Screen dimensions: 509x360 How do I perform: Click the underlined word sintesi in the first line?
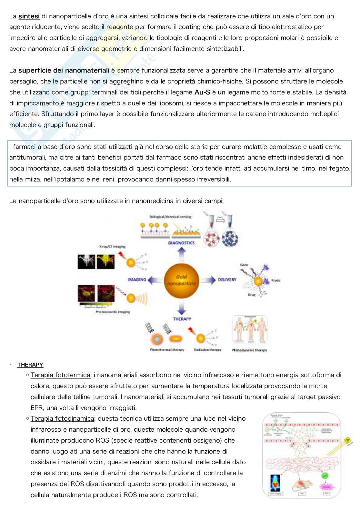(x=29, y=16)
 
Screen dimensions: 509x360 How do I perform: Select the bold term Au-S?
(x=202, y=92)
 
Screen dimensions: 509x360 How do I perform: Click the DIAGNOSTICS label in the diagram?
(x=181, y=243)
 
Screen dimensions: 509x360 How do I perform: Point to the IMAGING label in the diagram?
(x=137, y=279)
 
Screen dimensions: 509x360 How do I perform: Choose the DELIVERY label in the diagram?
(x=227, y=279)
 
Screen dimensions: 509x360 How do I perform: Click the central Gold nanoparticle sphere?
(x=181, y=279)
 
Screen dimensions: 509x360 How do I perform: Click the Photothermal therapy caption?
(x=167, y=350)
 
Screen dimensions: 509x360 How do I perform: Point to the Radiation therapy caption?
(x=207, y=350)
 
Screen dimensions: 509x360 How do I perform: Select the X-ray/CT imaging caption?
(x=112, y=247)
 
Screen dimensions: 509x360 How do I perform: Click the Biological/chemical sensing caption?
(x=170, y=217)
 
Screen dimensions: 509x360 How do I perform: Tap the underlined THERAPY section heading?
(x=30, y=365)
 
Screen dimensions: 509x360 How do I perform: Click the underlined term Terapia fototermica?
(x=60, y=375)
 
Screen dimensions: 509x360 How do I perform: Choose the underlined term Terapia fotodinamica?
(x=62, y=418)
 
